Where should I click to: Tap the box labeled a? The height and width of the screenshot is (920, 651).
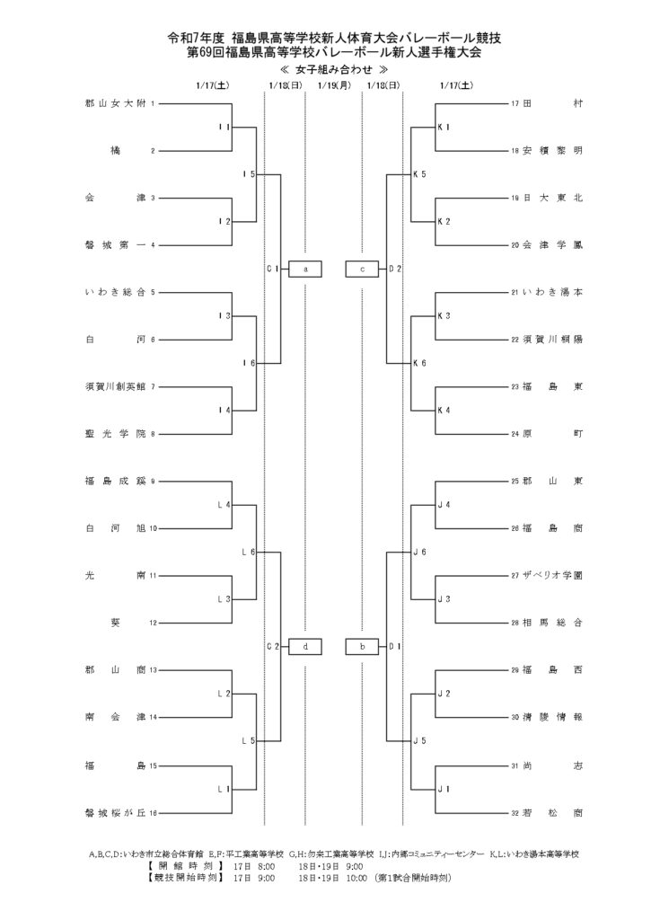[305, 269]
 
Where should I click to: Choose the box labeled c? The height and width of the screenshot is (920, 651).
[362, 269]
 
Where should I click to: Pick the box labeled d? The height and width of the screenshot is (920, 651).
[305, 646]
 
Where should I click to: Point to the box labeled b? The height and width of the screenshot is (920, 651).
[362, 646]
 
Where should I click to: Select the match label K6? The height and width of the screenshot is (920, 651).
[419, 362]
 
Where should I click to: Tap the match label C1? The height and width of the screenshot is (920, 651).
[274, 269]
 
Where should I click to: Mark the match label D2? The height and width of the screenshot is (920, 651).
[395, 269]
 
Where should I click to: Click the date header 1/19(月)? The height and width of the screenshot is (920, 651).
[333, 85]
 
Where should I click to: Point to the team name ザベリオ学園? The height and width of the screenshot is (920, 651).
[553, 575]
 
